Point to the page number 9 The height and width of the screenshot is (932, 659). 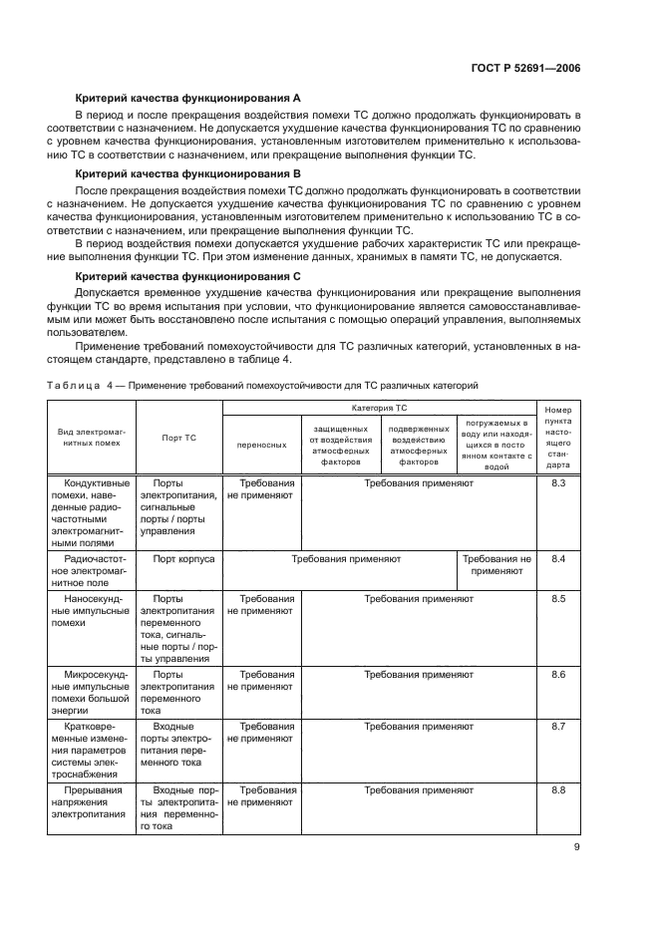coord(577,848)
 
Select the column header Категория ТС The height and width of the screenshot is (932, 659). coord(379,409)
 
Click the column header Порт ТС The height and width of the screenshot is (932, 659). coord(178,437)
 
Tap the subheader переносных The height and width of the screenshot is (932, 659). coord(261,445)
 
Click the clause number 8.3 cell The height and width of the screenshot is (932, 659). coord(558,483)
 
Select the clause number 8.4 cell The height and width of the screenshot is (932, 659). coord(558,559)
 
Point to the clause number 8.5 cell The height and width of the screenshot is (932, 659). coord(558,599)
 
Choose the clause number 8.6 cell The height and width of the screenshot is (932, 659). coord(558,675)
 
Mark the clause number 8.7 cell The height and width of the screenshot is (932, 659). coord(558,727)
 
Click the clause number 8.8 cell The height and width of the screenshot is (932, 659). coord(558,790)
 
